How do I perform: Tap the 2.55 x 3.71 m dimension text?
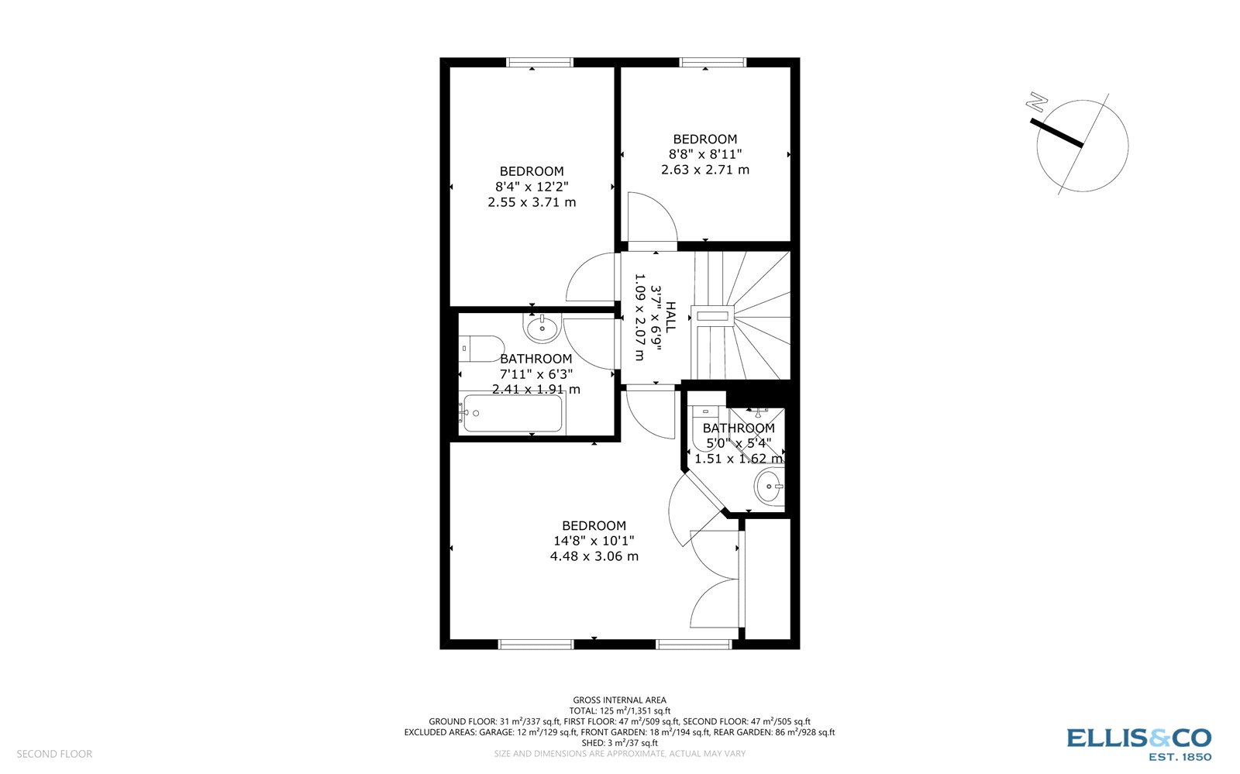point(532,202)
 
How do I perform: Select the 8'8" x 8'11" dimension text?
point(705,154)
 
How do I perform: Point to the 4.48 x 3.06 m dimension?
point(594,556)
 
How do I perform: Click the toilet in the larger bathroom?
point(481,348)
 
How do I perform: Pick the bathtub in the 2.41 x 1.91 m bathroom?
point(511,415)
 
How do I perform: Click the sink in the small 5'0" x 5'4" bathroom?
point(770,487)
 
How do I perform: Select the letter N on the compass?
point(1035,101)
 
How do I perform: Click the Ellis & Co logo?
point(1138,743)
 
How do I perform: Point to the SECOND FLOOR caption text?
point(54,754)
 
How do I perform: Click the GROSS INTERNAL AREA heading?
point(619,700)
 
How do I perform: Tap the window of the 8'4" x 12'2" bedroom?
point(539,63)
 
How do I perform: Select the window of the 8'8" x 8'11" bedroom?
point(712,63)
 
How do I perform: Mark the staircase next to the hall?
point(742,315)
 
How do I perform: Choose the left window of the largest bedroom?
point(536,644)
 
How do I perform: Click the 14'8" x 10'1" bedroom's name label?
point(594,525)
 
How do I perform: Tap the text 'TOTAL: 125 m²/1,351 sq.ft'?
point(619,710)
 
